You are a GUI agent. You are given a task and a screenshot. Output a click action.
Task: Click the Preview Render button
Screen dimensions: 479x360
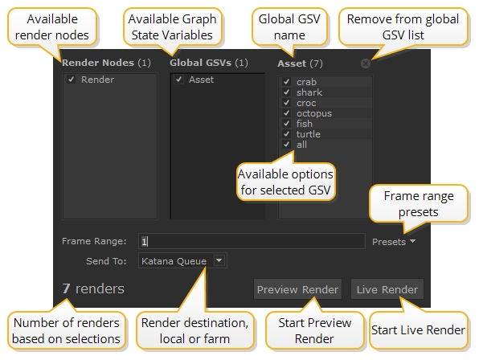[297, 288]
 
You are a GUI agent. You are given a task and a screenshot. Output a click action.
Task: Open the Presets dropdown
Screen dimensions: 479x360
[394, 242]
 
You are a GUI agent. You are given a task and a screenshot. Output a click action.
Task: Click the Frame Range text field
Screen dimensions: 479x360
[252, 241]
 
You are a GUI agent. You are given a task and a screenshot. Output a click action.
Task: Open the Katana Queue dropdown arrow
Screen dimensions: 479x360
[219, 260]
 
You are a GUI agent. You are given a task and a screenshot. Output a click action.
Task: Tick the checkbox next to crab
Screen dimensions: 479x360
[286, 81]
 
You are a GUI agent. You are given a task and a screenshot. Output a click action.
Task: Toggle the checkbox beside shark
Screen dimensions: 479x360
[286, 92]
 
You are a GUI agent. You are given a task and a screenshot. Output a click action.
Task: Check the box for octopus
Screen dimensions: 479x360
[286, 113]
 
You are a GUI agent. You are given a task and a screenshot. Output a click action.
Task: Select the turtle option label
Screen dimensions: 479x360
[309, 134]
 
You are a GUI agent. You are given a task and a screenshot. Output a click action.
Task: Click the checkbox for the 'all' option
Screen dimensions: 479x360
[286, 144]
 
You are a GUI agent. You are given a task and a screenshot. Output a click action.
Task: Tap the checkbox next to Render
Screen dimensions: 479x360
[72, 80]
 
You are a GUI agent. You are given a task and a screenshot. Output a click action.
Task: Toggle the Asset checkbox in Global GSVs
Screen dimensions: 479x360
[178, 80]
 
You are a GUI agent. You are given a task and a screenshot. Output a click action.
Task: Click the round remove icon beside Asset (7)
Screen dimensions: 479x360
[366, 63]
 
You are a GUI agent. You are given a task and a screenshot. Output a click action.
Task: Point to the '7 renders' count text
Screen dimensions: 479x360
[93, 288]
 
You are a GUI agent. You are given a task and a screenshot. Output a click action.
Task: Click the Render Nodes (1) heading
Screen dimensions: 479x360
[106, 63]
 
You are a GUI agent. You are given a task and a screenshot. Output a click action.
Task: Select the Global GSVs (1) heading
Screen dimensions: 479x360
[209, 63]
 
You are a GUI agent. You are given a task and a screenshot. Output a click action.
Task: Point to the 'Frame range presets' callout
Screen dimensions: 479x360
[419, 203]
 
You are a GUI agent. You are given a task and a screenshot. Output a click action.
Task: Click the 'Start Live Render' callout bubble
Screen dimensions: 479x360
[418, 330]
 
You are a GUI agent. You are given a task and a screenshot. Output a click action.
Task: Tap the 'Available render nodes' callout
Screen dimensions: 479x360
[52, 27]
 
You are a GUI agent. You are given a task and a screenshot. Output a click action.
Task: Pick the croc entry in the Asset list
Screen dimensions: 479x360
[306, 103]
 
